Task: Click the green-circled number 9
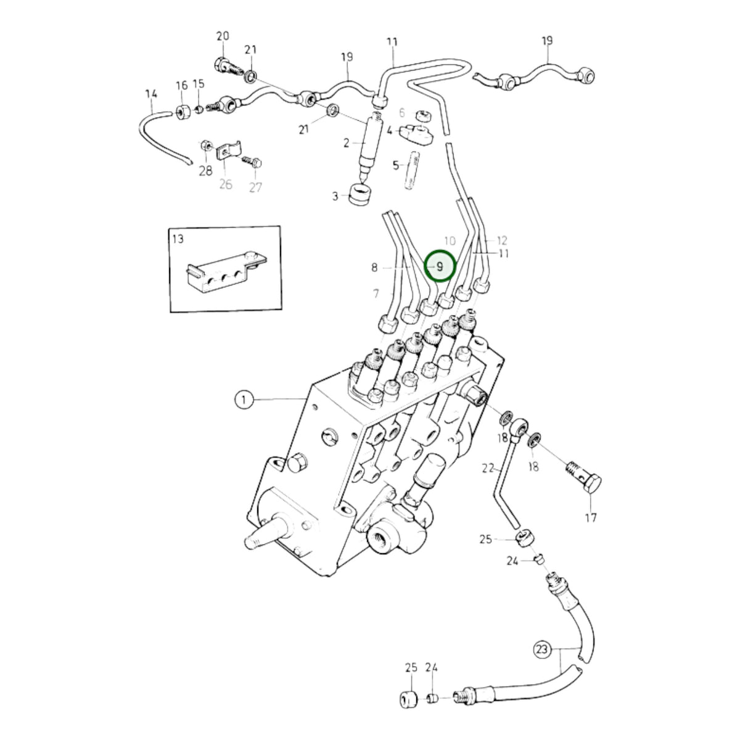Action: (439, 266)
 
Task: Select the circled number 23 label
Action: (541, 650)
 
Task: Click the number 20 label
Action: (223, 36)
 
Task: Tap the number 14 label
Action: (152, 93)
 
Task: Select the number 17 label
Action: (591, 517)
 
